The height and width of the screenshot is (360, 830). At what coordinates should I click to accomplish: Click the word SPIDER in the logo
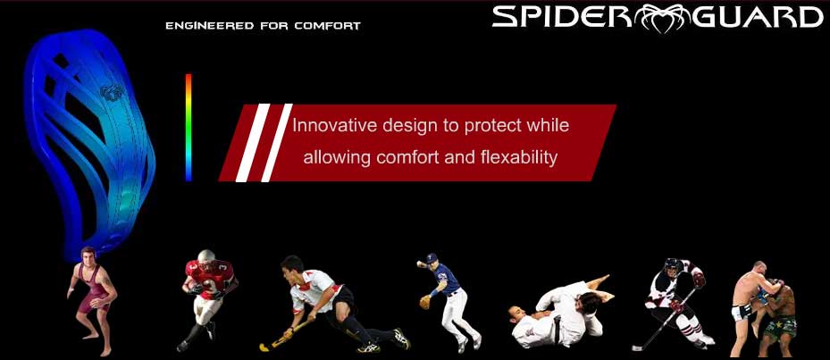click(x=566, y=17)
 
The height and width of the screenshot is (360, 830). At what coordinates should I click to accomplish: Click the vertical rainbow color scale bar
click(x=189, y=127)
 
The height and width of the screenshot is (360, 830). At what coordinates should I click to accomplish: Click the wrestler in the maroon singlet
click(x=92, y=300)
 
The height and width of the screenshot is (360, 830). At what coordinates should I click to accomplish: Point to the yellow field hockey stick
click(x=283, y=335)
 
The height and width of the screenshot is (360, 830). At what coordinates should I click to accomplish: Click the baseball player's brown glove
click(x=425, y=302)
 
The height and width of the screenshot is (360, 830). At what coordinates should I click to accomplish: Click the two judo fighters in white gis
click(x=558, y=313)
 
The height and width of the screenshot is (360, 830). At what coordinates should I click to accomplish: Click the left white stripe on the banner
click(x=253, y=143)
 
